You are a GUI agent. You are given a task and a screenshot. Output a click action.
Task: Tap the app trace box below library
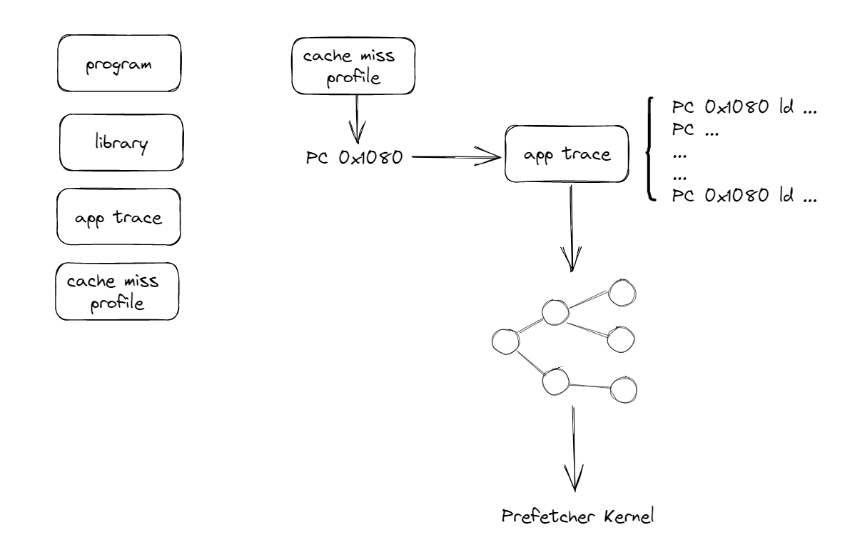point(118,217)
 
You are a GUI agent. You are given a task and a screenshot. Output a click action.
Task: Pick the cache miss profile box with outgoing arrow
point(353,66)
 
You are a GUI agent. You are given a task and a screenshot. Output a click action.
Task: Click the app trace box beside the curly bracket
point(567,154)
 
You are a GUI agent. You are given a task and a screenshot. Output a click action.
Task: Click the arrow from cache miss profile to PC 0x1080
point(356,118)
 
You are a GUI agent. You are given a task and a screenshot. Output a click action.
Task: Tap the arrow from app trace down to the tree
point(570,229)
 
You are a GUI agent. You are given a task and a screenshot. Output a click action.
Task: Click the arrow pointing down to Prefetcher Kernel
point(572,458)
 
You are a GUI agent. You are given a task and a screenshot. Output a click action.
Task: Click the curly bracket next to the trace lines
point(649,151)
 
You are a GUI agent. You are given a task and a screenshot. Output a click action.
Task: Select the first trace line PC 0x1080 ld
point(744,111)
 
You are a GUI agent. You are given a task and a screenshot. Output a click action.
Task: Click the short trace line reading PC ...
point(695,132)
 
